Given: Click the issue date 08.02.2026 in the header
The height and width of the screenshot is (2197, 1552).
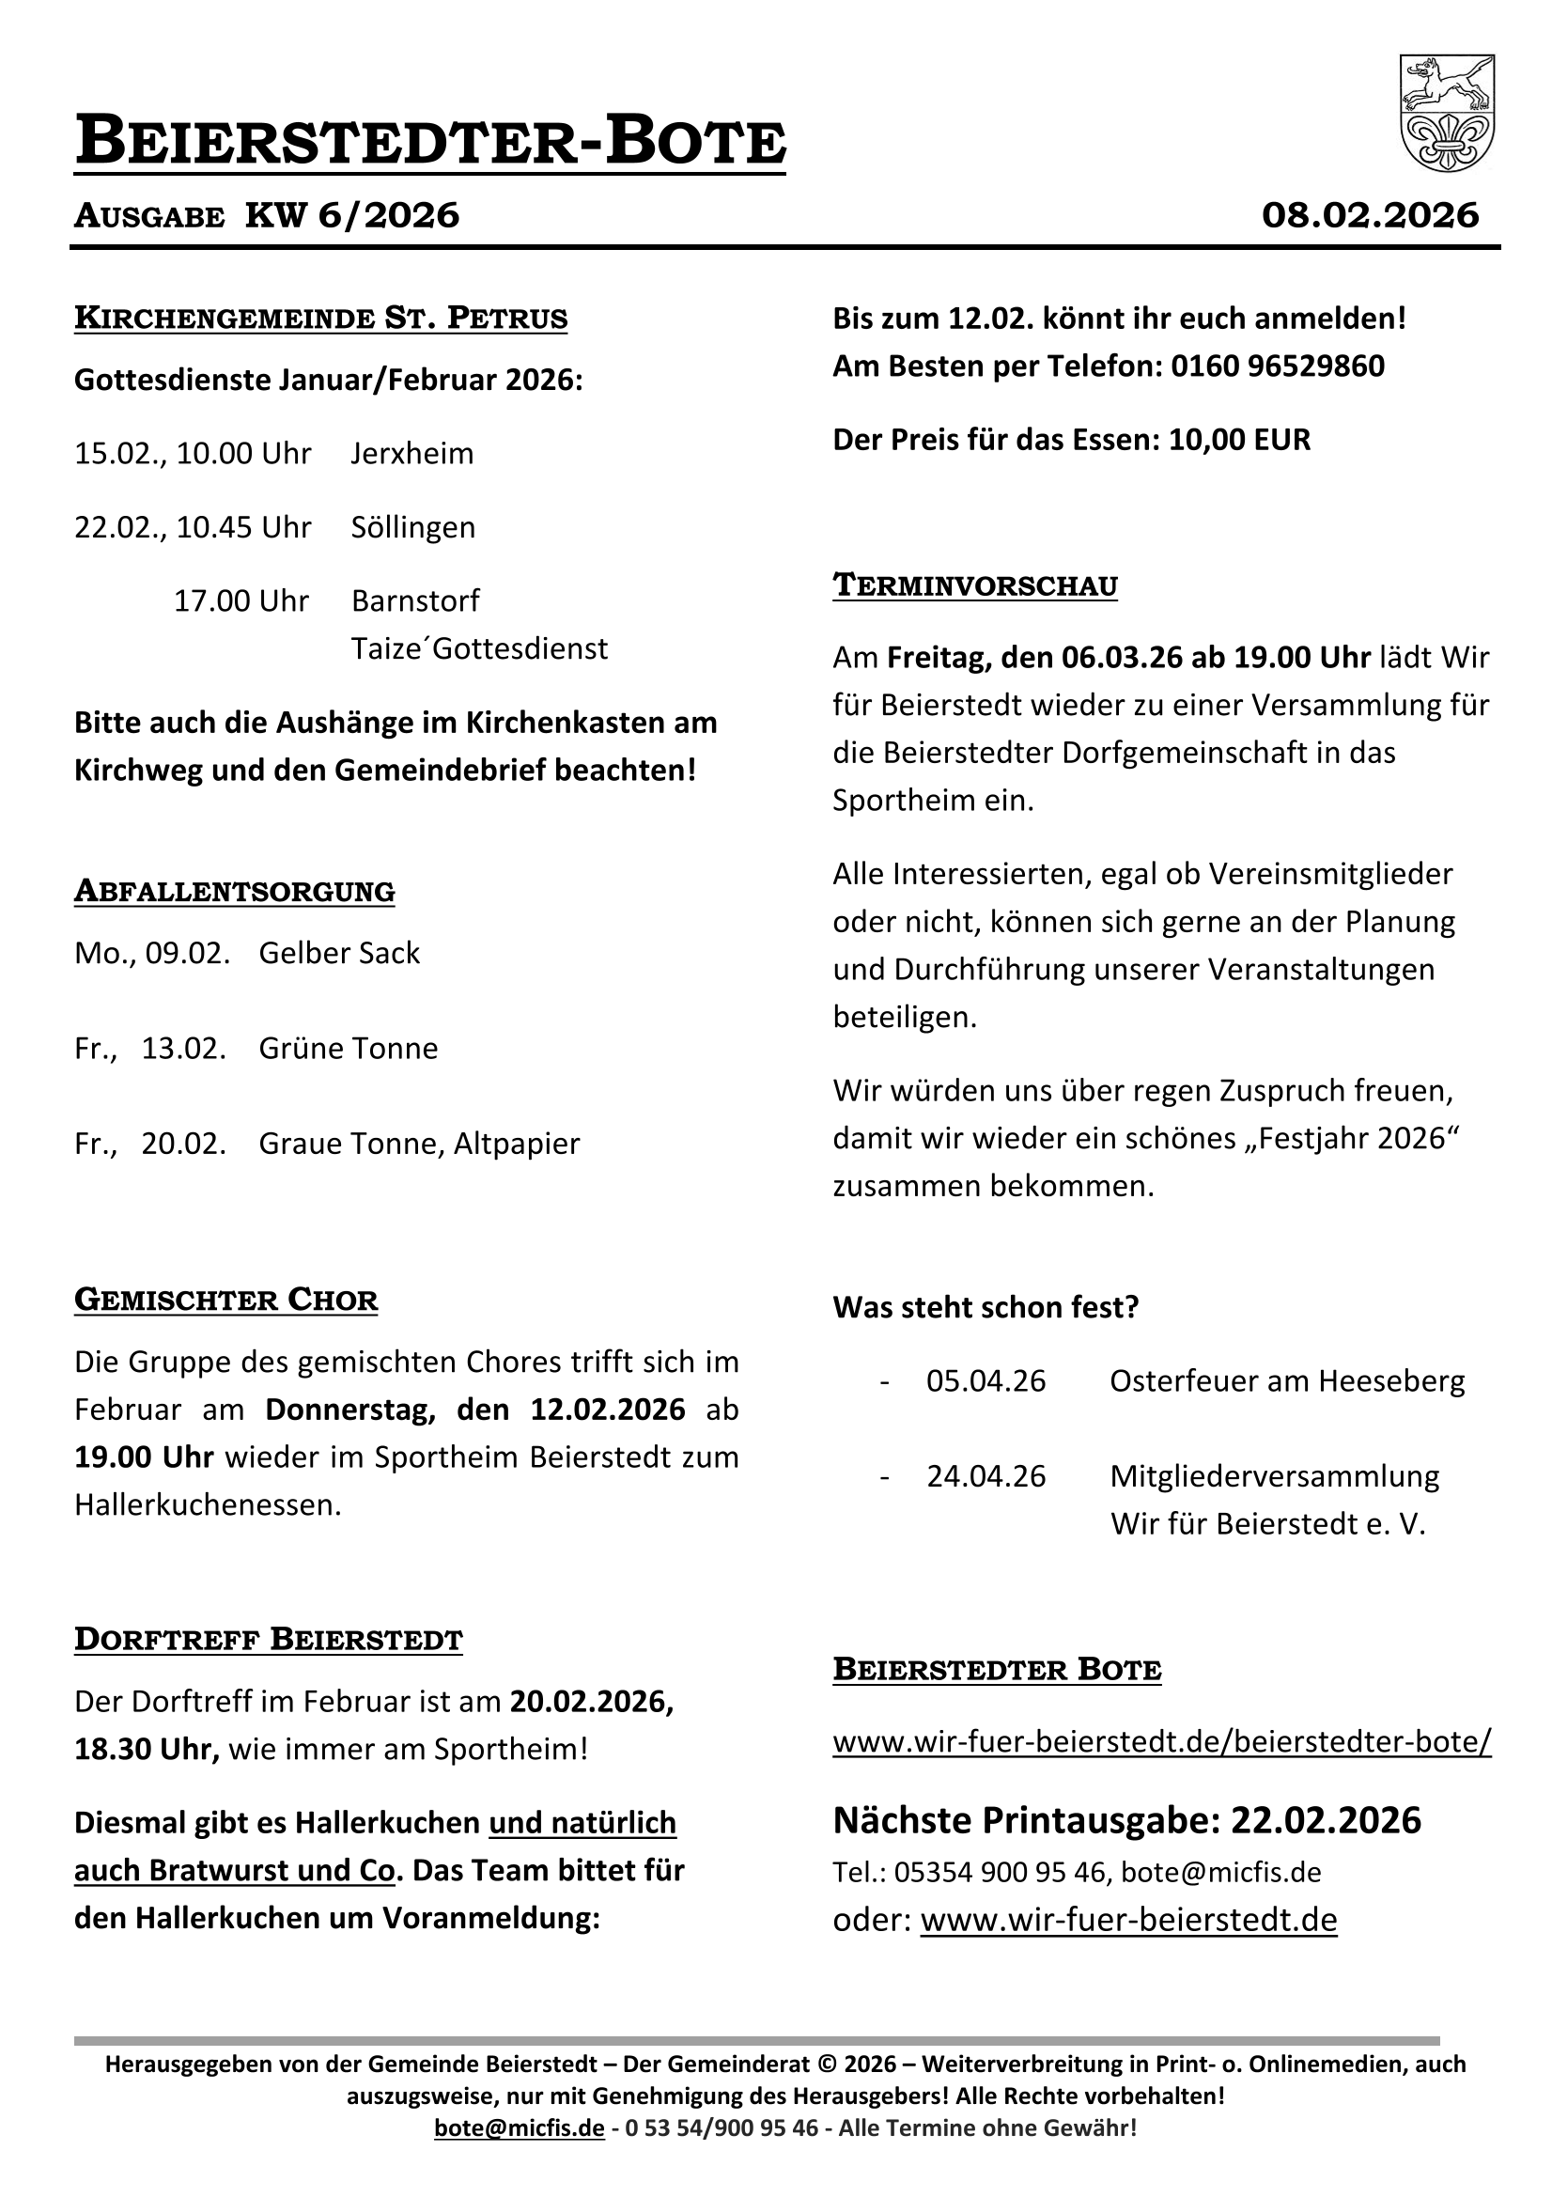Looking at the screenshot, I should click(1369, 215).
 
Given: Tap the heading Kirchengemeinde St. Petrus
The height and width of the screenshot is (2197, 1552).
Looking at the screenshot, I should click(320, 318).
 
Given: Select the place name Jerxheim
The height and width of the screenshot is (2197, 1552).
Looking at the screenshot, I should click(411, 453).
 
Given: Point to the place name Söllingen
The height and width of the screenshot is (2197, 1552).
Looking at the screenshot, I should click(412, 527).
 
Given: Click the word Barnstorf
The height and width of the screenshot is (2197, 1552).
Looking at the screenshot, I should click(415, 600).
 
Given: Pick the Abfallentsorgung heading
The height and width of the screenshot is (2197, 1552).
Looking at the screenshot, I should click(235, 891).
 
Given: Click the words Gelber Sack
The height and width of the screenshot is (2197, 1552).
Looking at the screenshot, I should click(339, 953).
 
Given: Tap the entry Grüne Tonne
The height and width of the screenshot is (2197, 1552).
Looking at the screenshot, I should click(349, 1049).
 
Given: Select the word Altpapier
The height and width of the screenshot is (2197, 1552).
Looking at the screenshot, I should click(517, 1144).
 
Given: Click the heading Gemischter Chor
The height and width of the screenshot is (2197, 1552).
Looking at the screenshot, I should click(225, 1300).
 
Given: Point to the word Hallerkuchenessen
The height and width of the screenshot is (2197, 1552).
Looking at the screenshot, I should click(207, 1505).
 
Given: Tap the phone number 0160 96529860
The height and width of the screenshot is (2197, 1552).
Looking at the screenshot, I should click(1278, 366).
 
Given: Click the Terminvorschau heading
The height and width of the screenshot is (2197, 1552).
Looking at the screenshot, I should click(975, 584).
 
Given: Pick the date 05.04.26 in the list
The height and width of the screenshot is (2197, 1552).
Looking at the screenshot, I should click(986, 1381).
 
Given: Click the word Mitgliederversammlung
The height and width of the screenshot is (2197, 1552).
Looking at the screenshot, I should click(1274, 1476).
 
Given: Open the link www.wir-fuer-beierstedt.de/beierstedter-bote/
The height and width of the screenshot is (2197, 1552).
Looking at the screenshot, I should click(1161, 1741).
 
